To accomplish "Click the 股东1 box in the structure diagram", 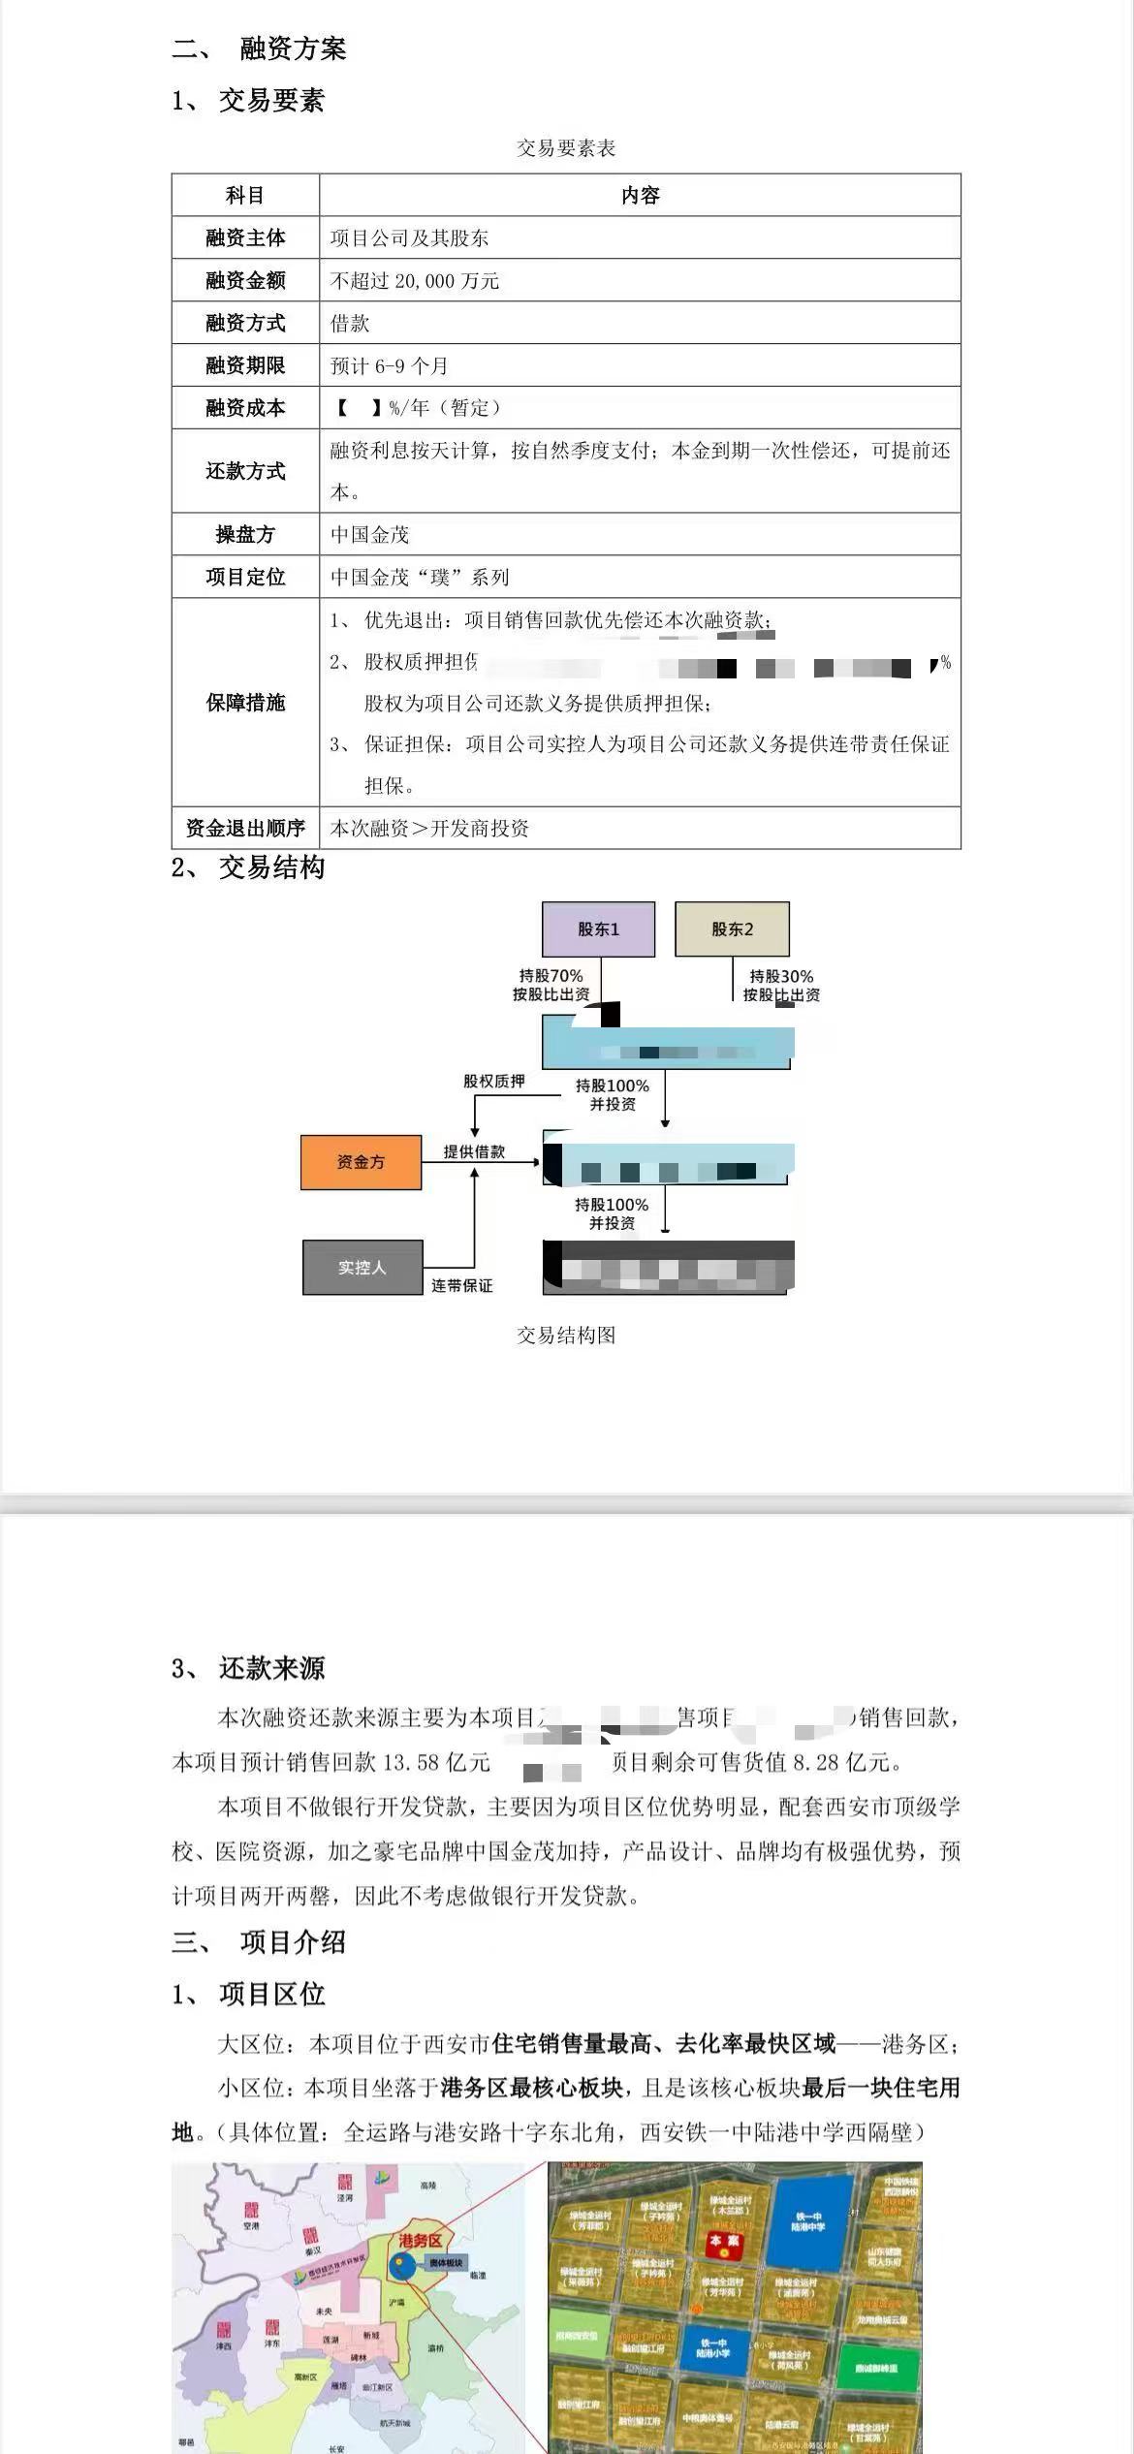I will coord(598,929).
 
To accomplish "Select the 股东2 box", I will coord(732,929).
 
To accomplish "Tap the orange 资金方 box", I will coord(361,1162).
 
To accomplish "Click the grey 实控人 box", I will coord(362,1267).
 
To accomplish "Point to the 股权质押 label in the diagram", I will coord(493,1082).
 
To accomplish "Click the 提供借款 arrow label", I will coord(474,1151).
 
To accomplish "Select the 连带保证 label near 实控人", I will coord(462,1285).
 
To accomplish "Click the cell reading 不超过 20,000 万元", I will coord(415,281).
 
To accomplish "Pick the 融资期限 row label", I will coord(245,365).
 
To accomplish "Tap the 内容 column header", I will coord(640,196).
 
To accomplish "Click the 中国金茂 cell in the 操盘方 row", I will coord(370,534).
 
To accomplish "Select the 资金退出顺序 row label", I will coord(245,828).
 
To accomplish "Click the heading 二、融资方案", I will coord(260,48).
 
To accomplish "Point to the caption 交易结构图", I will coord(566,1335).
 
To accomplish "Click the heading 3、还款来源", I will coord(248,1668).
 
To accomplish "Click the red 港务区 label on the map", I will coord(421,2241).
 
